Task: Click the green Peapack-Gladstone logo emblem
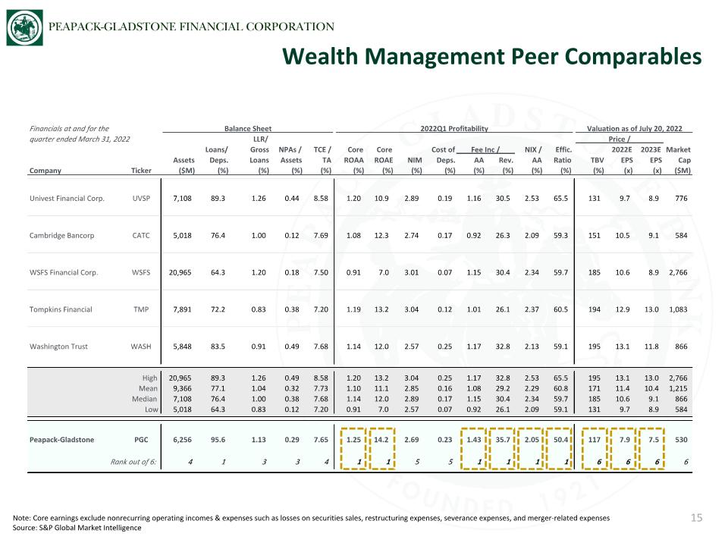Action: point(24,28)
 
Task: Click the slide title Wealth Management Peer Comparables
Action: point(491,57)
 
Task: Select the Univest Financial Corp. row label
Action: point(67,199)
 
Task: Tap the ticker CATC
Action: point(141,235)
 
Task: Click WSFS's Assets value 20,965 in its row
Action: point(180,272)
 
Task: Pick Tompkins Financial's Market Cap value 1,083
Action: point(678,309)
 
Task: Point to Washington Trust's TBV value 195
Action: point(595,347)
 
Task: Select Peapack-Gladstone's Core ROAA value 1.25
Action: point(353,440)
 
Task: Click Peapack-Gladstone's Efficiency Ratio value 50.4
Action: point(560,440)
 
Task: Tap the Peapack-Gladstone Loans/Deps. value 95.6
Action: point(218,440)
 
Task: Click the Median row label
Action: point(145,399)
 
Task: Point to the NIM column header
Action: point(415,160)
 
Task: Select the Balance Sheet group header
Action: point(248,129)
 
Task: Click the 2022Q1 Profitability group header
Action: point(454,129)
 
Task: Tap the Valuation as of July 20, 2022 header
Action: point(634,129)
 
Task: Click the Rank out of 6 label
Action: point(133,462)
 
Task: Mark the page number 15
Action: point(696,518)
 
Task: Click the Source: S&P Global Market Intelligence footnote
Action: point(77,528)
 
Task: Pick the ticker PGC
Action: point(141,440)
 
